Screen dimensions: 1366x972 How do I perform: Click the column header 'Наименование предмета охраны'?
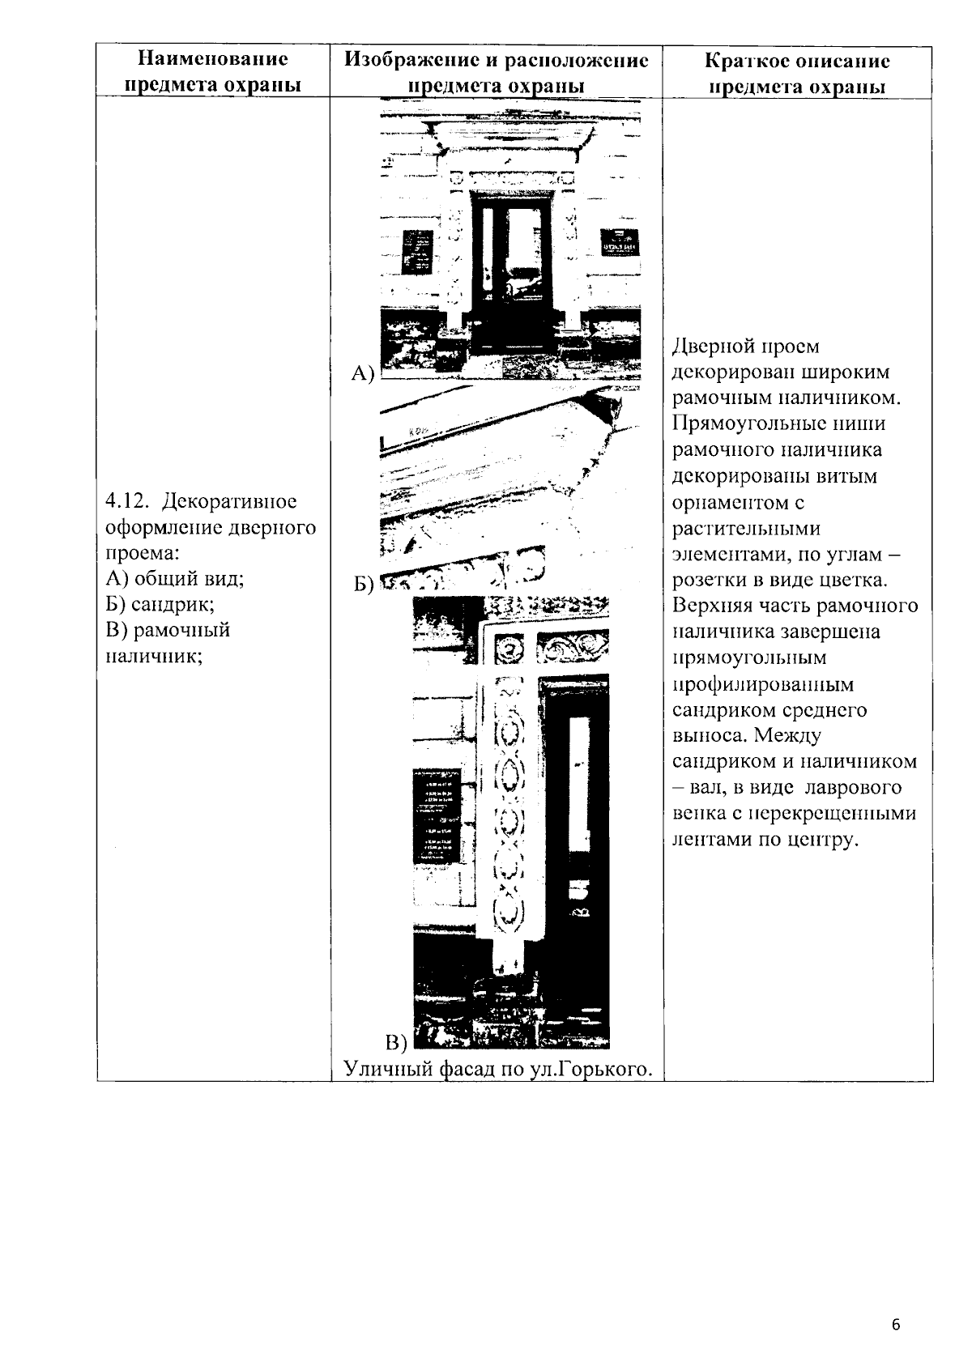[x=212, y=72]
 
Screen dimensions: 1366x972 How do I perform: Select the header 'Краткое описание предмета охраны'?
[x=797, y=74]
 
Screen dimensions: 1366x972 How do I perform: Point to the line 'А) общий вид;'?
[x=175, y=578]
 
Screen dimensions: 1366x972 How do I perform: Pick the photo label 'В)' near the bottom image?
[x=395, y=1041]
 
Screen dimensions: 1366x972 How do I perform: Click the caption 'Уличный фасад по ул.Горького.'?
[x=498, y=1069]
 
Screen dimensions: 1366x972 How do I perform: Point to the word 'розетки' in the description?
[x=707, y=580]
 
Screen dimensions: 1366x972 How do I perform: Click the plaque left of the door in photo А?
[x=418, y=251]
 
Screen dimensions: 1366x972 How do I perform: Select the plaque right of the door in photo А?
[x=619, y=243]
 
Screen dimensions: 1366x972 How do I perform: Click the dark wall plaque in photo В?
[x=437, y=815]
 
